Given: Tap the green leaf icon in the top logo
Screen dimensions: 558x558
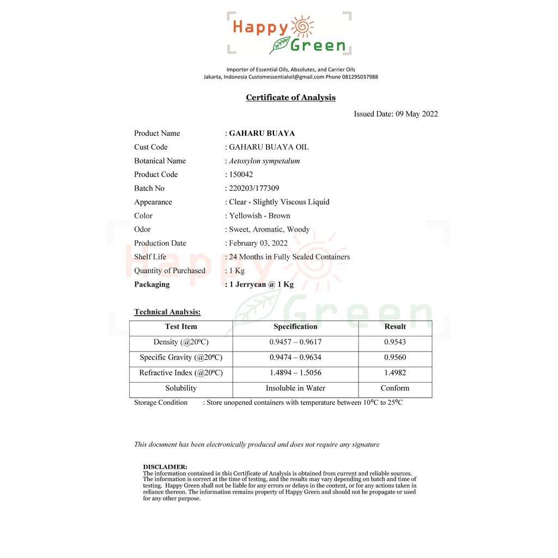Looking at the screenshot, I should coord(280,45).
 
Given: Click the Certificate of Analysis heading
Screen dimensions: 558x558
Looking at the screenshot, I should coord(290,98).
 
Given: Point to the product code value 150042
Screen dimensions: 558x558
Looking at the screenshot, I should coord(241,174).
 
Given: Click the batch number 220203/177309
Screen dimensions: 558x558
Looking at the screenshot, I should coord(254,188).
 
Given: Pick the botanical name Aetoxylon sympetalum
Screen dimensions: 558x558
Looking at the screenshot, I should coord(264,161).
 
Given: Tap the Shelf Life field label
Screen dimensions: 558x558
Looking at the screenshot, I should coord(150,257).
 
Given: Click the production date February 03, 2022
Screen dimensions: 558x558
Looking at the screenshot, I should coord(258,243).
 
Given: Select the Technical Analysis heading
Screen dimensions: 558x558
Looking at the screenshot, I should coord(167,312).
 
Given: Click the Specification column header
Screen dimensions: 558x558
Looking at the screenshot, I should coord(295,326).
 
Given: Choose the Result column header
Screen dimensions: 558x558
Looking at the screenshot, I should coord(395,326).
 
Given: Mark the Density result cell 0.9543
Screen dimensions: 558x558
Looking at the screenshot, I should coord(395,342).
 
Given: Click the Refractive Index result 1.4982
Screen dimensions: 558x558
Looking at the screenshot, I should coord(395,373).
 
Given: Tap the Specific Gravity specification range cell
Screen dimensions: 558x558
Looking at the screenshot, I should coord(295,357).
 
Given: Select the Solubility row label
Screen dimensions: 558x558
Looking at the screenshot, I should coord(181,388).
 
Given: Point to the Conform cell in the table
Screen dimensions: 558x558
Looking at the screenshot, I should coord(395,388).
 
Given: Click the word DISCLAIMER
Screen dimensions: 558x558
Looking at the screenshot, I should coord(165,467).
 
